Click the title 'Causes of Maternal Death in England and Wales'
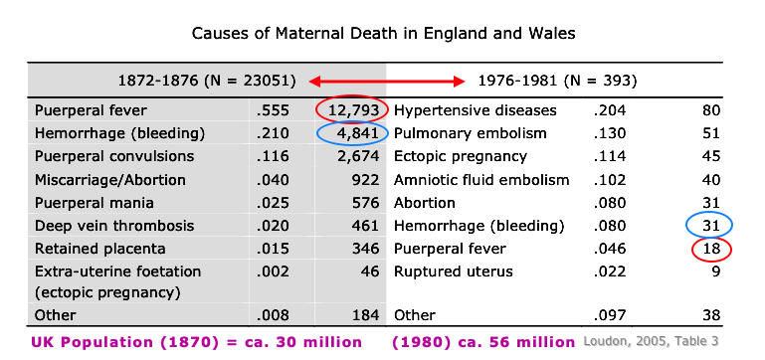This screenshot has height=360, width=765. point(383,33)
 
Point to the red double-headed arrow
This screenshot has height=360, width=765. point(388,80)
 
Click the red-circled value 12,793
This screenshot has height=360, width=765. point(354,110)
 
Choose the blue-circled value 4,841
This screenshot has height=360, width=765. point(354,133)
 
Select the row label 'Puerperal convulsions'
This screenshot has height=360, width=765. point(114,156)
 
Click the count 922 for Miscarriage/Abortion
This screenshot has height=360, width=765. point(365,179)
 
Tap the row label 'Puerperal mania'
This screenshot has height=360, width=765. point(93,203)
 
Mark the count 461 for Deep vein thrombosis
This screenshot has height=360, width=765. point(365,226)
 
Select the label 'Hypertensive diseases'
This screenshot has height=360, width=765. point(476,110)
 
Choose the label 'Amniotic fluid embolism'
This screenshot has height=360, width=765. point(481,179)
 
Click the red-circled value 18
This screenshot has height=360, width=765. point(710,249)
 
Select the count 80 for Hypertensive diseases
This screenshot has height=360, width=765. point(710,110)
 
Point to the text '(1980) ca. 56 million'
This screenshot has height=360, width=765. point(483,342)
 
